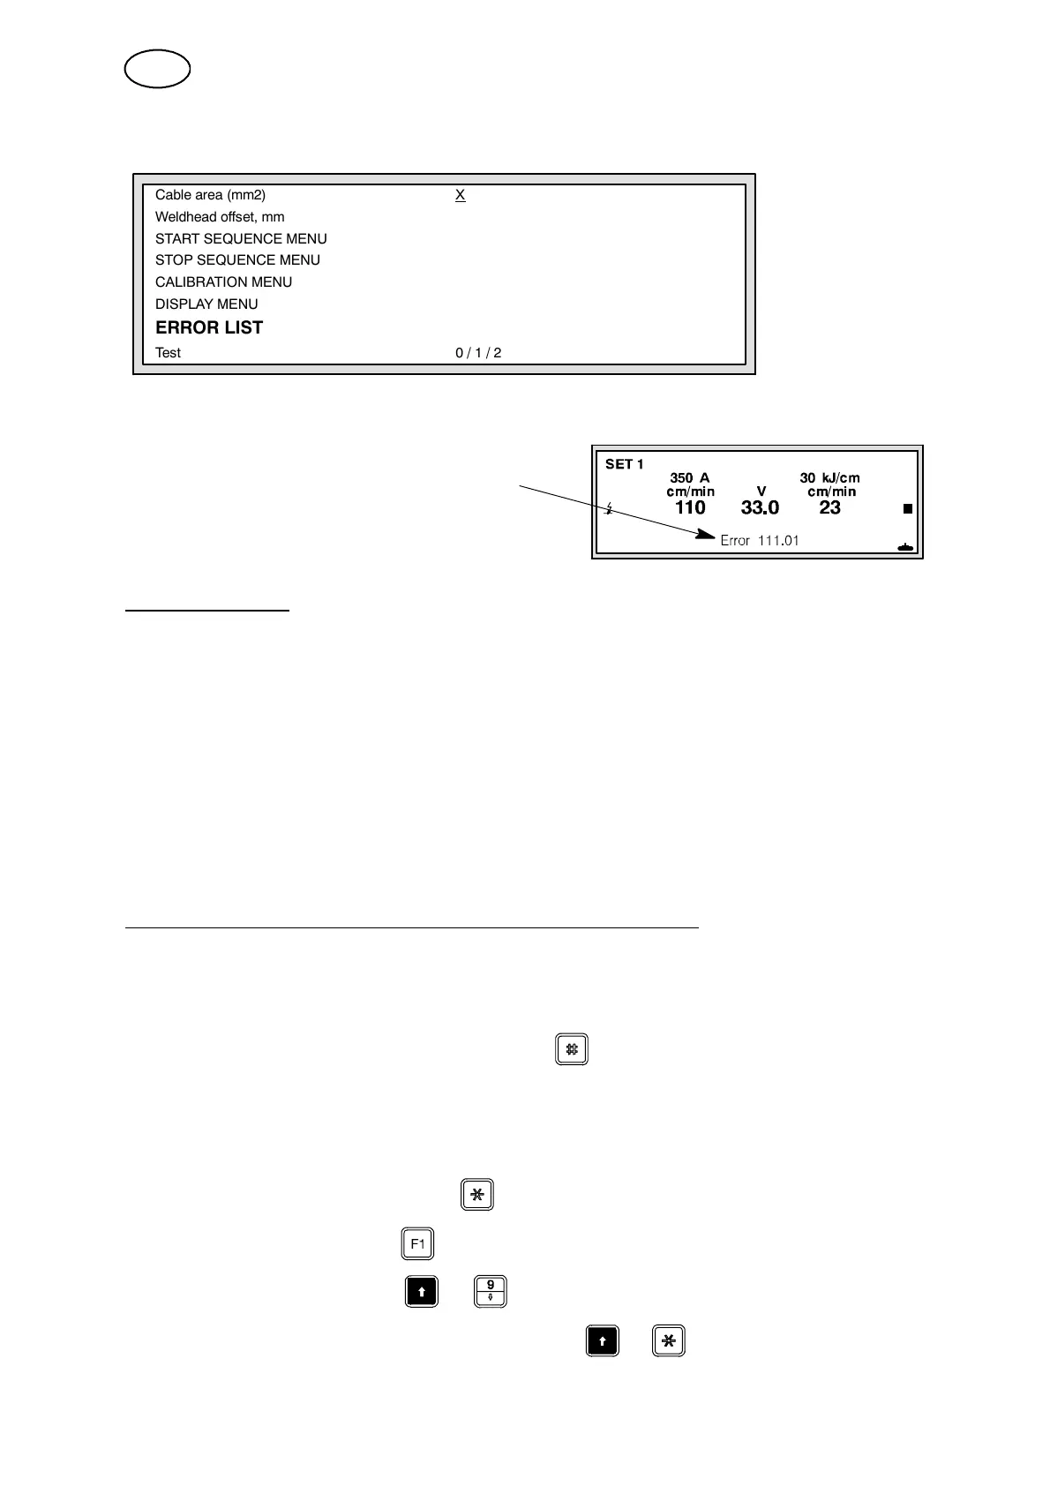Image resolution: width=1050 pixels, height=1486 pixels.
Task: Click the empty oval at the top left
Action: pos(158,70)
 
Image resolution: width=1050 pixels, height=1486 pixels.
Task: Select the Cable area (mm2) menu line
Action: pos(210,195)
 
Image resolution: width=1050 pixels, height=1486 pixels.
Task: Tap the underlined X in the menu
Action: pos(460,195)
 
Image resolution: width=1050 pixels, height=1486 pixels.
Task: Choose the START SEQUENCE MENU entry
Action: pos(241,239)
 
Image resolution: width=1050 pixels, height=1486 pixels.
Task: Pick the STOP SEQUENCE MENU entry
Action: pos(237,260)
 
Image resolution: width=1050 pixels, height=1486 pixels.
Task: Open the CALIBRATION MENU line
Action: pos(223,282)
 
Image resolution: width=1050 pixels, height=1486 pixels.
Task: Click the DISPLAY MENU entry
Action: pos(206,304)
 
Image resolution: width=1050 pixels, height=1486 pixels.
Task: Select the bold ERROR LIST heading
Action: pos(209,327)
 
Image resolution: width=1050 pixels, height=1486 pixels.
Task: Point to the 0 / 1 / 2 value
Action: pos(478,353)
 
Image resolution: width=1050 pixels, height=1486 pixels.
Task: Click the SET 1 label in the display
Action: pos(624,464)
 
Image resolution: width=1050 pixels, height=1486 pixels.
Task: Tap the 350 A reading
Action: pos(689,477)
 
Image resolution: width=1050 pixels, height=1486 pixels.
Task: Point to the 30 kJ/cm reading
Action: pos(829,477)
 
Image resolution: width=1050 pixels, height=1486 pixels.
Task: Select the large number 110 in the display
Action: pos(690,507)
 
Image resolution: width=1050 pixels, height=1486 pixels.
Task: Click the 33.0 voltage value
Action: pos(760,507)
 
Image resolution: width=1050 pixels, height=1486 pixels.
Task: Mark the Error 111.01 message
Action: pos(759,540)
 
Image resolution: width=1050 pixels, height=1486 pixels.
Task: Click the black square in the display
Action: pos(907,509)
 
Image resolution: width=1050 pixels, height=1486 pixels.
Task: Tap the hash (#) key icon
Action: pos(572,1049)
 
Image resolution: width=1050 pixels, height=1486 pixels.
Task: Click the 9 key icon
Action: pos(491,1291)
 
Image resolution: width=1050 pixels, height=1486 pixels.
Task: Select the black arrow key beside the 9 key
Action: pos(422,1291)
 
